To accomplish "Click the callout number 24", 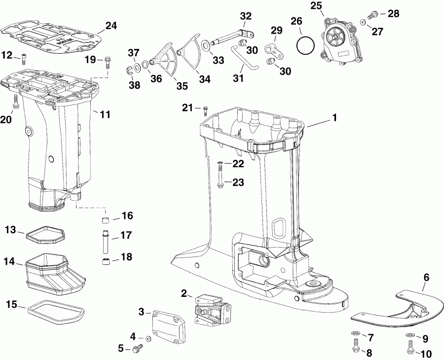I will (111, 26).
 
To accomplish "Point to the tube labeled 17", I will (105, 235).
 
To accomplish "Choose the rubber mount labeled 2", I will (212, 310).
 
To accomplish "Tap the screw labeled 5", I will (136, 349).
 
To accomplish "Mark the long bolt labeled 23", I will (220, 179).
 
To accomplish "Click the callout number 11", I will (105, 115).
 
